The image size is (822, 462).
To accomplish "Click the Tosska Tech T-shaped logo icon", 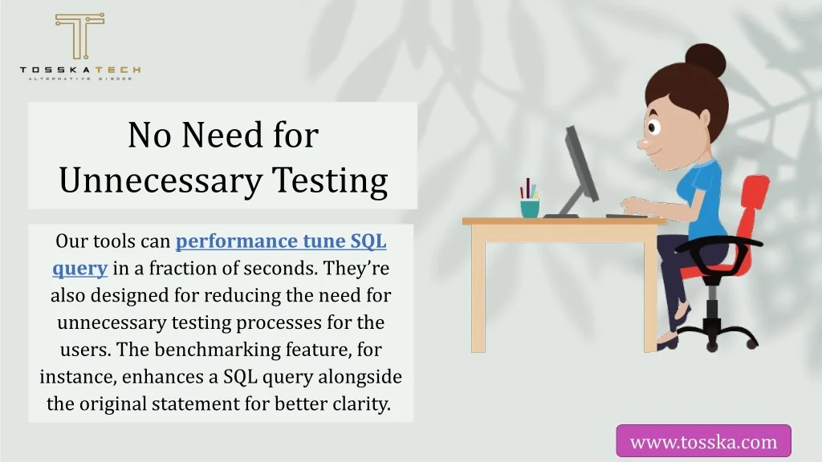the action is [79, 35].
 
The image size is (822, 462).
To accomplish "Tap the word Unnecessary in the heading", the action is [161, 180].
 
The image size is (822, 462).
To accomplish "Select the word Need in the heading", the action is [222, 135].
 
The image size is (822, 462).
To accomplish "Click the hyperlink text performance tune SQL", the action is [281, 241].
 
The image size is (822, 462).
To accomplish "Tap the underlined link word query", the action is [79, 269].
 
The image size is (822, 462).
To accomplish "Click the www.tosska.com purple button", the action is [703, 441].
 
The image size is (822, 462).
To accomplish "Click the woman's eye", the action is [653, 128].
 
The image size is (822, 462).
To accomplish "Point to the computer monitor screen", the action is [580, 164].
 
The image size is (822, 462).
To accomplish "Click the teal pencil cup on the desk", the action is [530, 208].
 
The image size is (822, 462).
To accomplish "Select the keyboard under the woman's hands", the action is [626, 216].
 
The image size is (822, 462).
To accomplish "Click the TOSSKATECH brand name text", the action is [79, 70].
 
